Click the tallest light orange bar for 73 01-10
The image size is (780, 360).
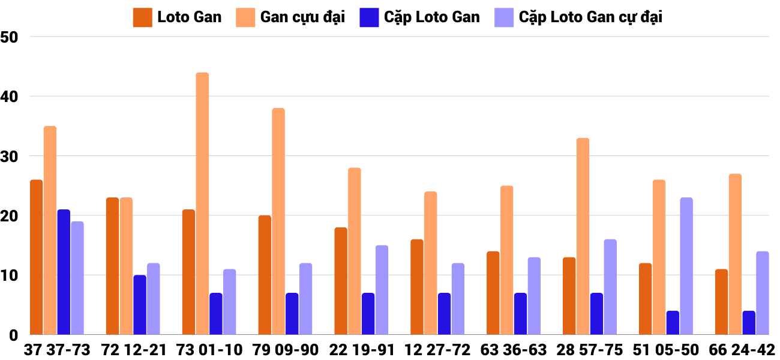[202, 204]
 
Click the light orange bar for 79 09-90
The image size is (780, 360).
[278, 221]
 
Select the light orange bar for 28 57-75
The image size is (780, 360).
[583, 236]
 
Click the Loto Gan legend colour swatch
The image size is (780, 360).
[142, 17]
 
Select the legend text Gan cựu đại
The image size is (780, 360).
[302, 17]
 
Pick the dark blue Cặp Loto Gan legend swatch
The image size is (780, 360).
[368, 17]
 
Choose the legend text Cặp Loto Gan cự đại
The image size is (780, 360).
[590, 17]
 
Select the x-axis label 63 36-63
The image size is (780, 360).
[514, 350]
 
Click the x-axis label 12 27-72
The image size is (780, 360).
[437, 350]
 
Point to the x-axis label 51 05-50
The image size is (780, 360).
[665, 350]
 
